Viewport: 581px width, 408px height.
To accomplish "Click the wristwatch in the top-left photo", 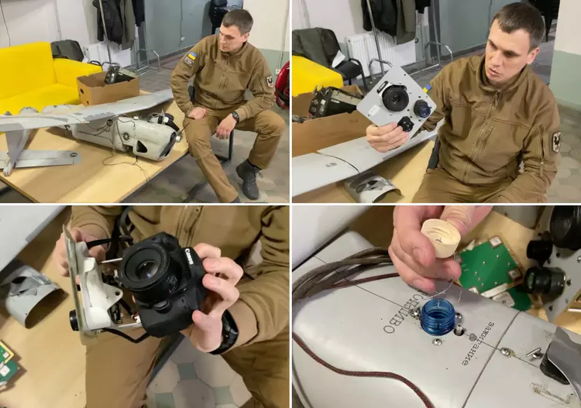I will tap(235, 116).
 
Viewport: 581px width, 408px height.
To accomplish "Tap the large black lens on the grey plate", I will tap(396, 98).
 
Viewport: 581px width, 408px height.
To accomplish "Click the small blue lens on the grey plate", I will tap(423, 108).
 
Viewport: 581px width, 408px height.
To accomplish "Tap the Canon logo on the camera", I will tap(190, 256).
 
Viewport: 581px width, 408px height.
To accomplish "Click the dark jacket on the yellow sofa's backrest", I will tap(68, 50).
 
